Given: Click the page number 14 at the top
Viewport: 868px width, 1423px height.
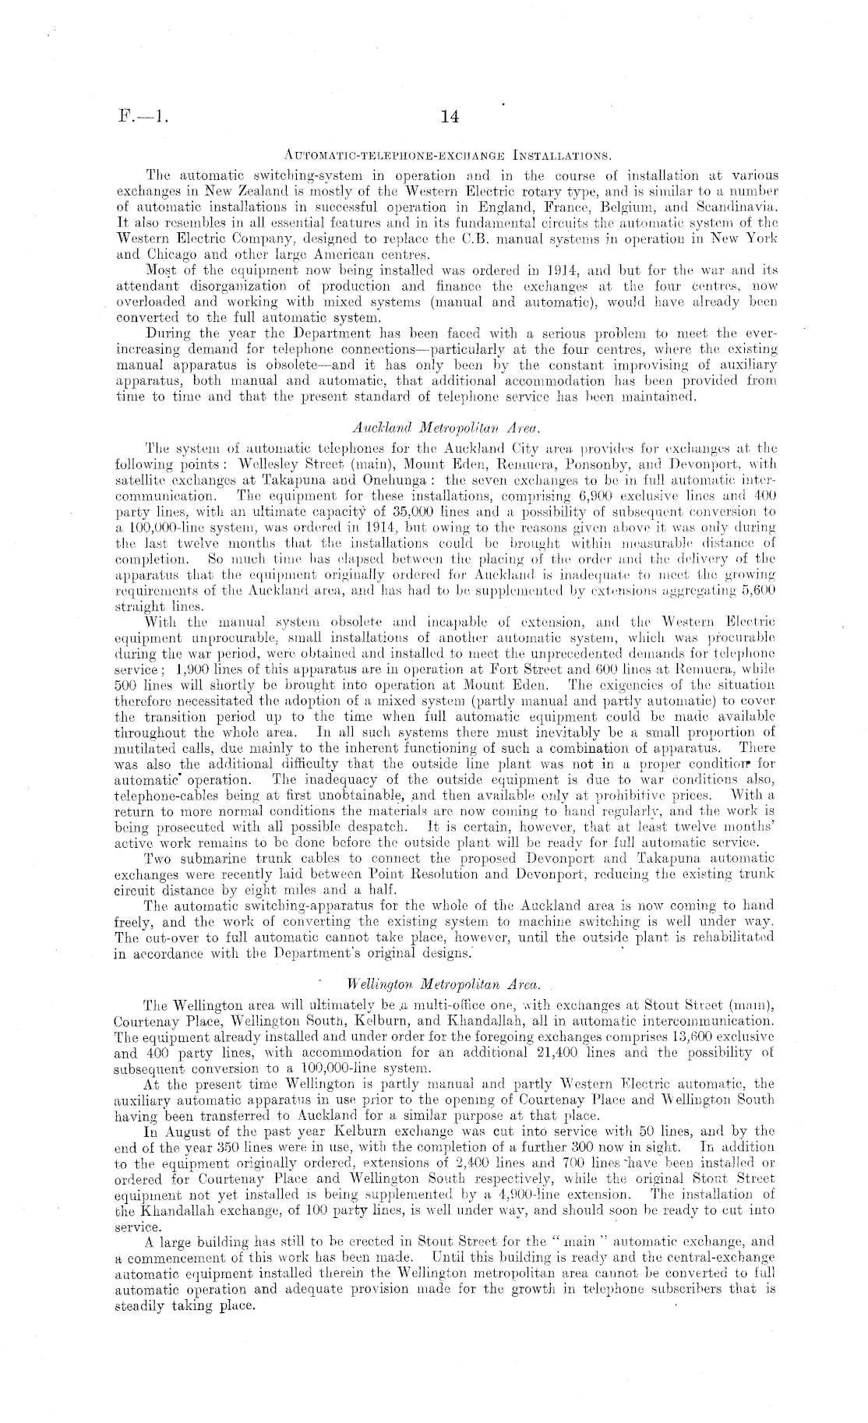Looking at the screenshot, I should (x=450, y=117).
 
